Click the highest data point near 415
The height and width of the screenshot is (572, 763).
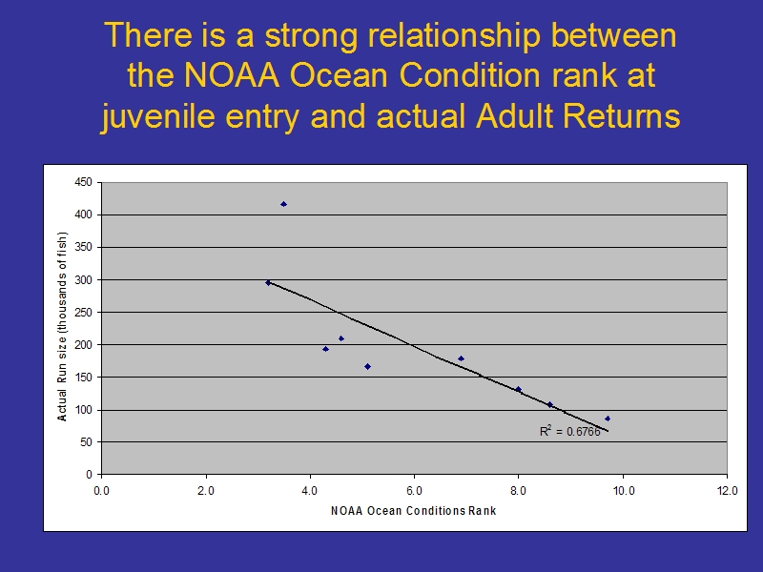pos(283,204)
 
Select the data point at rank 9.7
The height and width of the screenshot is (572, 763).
pos(608,419)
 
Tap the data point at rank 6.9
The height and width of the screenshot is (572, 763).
pos(461,359)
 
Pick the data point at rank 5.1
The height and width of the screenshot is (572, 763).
pos(367,367)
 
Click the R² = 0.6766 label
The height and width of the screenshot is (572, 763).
pos(569,432)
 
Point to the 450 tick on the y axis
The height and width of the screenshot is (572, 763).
pos(83,182)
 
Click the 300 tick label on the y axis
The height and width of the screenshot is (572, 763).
pos(83,279)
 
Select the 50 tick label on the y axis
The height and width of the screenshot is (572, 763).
pos(86,442)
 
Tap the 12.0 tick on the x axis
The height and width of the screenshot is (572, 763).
pos(727,491)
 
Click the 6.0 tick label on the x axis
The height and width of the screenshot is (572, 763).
pos(414,491)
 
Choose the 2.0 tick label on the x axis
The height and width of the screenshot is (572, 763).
pos(206,491)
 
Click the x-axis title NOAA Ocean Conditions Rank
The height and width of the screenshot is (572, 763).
pos(414,511)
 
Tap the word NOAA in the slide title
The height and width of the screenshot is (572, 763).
pos(232,75)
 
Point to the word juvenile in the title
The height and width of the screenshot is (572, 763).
pos(158,117)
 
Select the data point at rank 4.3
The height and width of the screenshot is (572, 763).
pos(325,349)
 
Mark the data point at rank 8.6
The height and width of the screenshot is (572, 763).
pos(550,404)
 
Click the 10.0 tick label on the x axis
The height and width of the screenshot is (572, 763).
pos(624,491)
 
